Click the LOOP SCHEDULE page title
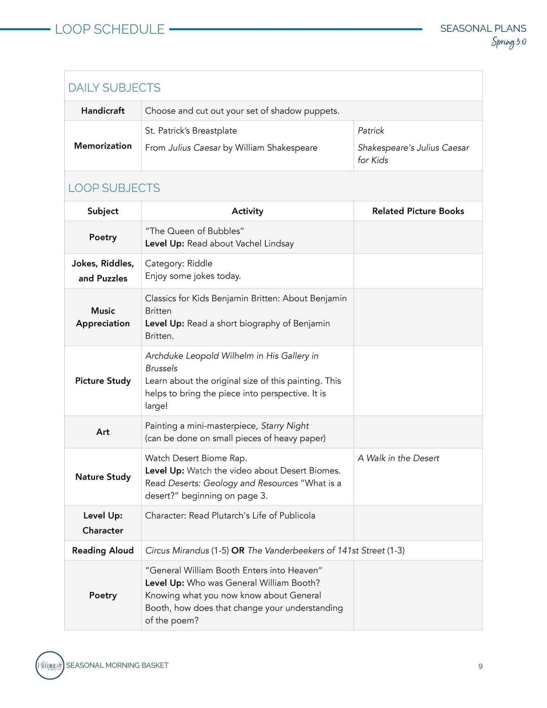tap(110, 29)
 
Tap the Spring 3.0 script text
tap(508, 42)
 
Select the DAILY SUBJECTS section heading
tap(114, 88)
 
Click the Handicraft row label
tap(103, 111)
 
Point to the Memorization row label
tap(103, 146)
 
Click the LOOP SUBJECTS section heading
tap(114, 188)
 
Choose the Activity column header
tap(247, 211)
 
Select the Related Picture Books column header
tap(418, 211)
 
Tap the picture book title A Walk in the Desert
tap(398, 458)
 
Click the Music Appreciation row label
tap(103, 317)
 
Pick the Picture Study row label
tap(103, 381)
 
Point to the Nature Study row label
tap(103, 477)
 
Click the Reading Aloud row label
tap(103, 550)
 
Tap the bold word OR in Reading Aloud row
tap(238, 550)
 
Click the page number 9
tap(480, 666)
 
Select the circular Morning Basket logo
tap(50, 665)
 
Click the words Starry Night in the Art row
tap(285, 426)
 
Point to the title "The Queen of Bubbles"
tap(195, 231)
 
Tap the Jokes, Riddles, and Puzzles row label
tap(103, 271)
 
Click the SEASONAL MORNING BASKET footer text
tap(117, 665)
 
